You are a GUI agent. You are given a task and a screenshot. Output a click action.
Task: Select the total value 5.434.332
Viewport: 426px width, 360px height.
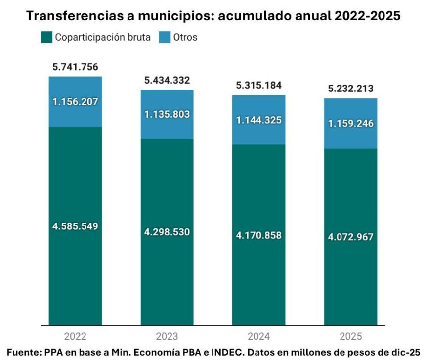coord(167,80)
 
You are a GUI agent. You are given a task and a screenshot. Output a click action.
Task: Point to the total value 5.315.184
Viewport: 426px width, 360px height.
coord(259,85)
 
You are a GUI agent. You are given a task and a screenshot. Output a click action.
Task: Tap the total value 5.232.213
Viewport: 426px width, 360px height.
coord(351,89)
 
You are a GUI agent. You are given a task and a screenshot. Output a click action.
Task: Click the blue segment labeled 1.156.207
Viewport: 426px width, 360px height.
coord(75,102)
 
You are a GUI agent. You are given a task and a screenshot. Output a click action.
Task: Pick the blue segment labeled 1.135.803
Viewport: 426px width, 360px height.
coord(167,114)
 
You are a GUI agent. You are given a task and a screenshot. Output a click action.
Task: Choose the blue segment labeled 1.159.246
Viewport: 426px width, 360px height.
coord(351,124)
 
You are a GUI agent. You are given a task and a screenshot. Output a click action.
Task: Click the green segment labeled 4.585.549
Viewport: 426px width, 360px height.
coord(75,226)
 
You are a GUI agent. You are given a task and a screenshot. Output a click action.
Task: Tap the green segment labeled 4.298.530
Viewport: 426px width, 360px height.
coord(167,232)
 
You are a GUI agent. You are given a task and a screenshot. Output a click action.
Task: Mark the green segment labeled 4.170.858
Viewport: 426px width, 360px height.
coord(259,235)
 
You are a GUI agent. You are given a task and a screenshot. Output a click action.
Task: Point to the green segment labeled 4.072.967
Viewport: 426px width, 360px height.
coord(351,237)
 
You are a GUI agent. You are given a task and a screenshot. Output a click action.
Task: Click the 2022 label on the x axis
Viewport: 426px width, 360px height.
coord(75,337)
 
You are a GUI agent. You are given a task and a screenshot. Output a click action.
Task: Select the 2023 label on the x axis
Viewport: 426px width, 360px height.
coord(167,337)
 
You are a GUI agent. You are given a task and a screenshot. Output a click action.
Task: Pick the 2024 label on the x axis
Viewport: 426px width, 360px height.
coord(259,337)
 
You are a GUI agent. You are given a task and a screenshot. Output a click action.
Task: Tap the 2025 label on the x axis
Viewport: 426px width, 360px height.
coord(351,337)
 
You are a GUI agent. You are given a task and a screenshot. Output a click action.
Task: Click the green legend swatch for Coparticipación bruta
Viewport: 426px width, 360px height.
coord(46,37)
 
